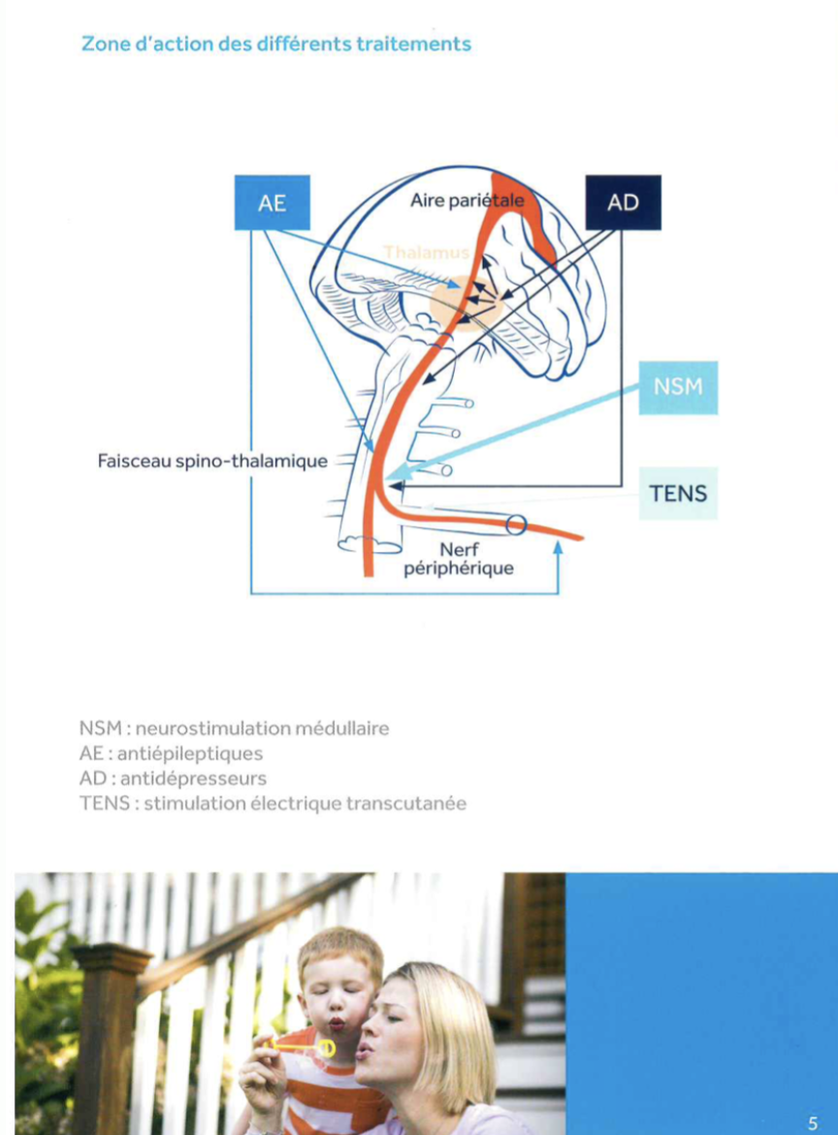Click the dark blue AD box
point(623,203)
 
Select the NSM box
point(678,386)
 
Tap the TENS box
point(678,493)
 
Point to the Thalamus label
point(426,252)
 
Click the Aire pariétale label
point(467,201)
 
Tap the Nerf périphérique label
point(458,559)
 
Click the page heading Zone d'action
point(276,44)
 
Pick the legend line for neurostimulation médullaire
point(235,728)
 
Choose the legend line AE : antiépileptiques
point(171,753)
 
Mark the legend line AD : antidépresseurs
point(173,778)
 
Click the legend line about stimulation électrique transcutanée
point(273,803)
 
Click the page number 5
point(813,1123)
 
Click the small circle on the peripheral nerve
point(516,526)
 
